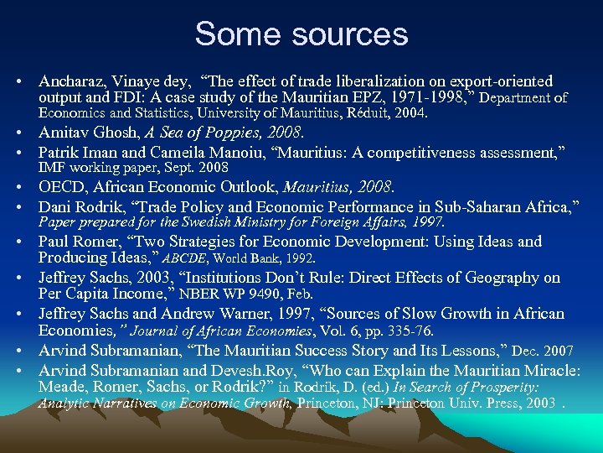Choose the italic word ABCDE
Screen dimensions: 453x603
[185, 258]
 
